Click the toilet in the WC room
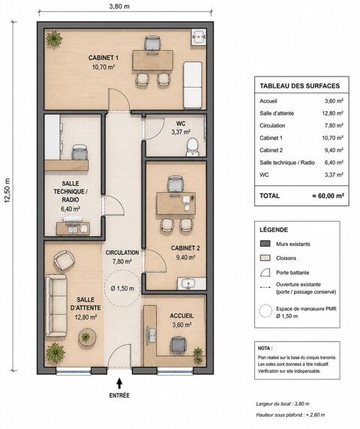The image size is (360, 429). (x=193, y=147)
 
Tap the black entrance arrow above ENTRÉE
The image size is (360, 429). (x=119, y=383)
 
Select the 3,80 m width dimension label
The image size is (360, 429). (x=119, y=6)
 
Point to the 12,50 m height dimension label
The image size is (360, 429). (x=7, y=190)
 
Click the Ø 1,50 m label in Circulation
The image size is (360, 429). (x=122, y=288)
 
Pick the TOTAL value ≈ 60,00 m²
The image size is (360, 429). (x=328, y=196)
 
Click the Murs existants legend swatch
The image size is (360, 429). (x=265, y=244)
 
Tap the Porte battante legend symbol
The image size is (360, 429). (x=265, y=272)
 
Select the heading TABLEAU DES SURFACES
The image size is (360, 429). (x=299, y=86)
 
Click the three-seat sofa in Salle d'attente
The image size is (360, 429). (x=56, y=305)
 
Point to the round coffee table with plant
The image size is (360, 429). (x=87, y=337)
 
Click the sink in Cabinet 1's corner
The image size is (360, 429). (x=199, y=37)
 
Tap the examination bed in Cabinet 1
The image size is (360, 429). (x=193, y=85)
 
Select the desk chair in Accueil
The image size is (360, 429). (x=178, y=346)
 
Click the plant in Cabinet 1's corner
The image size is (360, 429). (x=54, y=40)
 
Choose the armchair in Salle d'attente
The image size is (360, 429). (x=64, y=260)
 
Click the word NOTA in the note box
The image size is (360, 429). (x=264, y=348)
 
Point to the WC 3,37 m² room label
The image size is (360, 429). (x=181, y=127)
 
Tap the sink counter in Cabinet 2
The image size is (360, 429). (x=191, y=283)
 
